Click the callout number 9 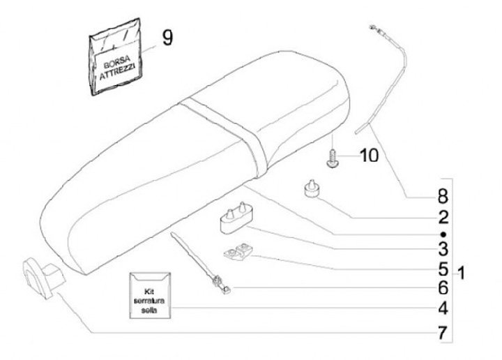pos(167,37)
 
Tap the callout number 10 pos(369,155)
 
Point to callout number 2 pos(442,216)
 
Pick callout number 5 pos(442,268)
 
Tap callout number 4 pos(442,308)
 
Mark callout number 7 pos(442,332)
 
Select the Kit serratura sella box pos(149,296)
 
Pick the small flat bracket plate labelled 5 pos(239,253)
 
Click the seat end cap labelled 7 pos(42,273)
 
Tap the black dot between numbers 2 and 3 pos(443,233)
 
